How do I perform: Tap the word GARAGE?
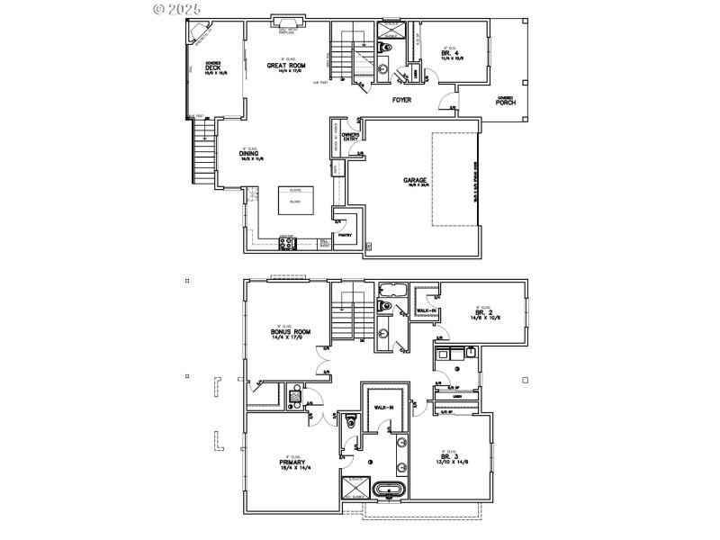point(415,180)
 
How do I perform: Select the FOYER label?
point(401,100)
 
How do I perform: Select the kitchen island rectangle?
point(294,202)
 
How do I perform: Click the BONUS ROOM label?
point(290,331)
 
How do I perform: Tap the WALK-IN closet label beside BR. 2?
point(425,311)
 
